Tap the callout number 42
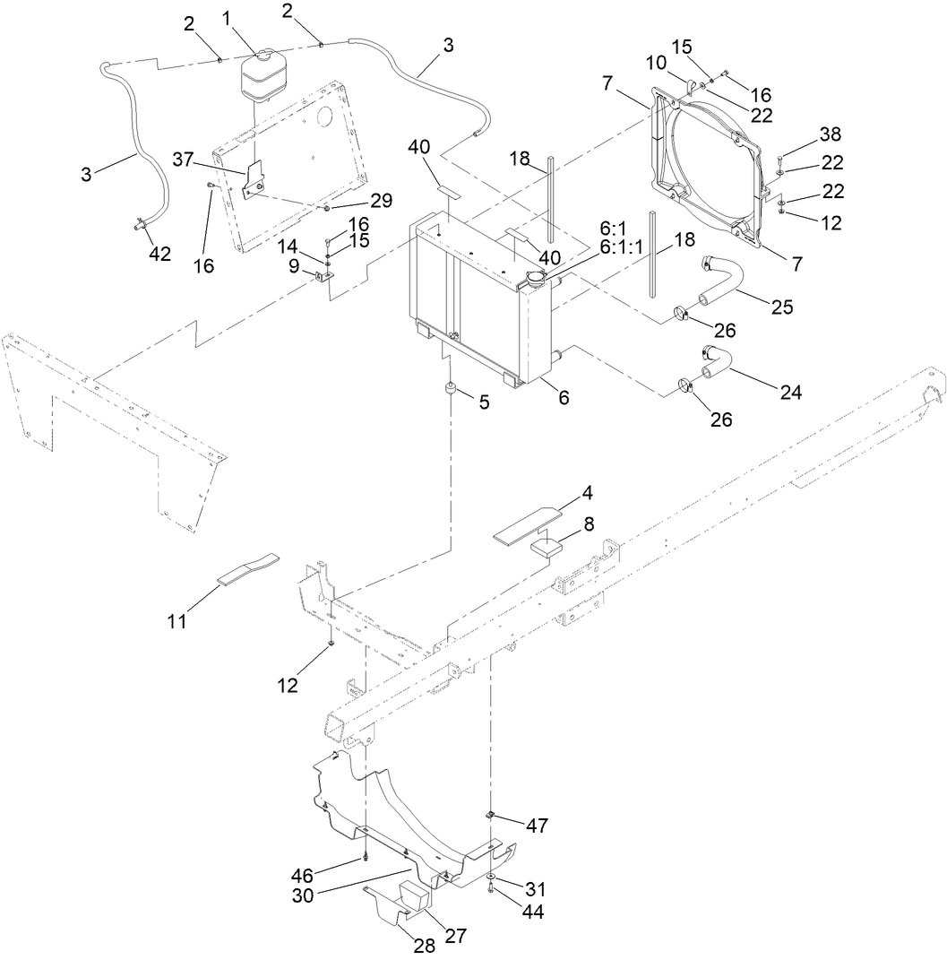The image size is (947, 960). click(x=159, y=254)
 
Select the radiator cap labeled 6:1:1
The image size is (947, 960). click(x=536, y=280)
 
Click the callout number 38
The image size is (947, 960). click(x=830, y=134)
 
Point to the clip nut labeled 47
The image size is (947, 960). click(x=492, y=814)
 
